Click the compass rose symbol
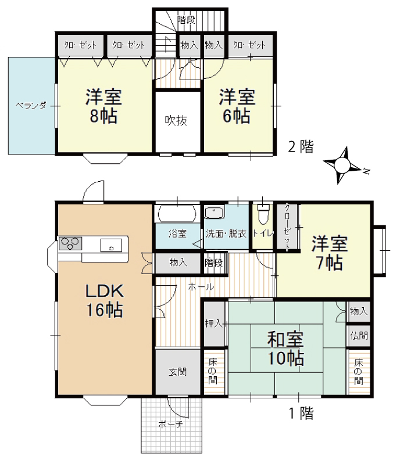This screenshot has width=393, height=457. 342,165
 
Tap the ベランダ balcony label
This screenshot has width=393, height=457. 31,106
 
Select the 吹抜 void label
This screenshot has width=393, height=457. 176,120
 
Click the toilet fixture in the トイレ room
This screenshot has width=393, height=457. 263,214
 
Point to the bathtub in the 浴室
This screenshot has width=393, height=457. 177,214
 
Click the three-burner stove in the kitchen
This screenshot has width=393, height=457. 70,243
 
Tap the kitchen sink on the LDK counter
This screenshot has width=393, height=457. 111,245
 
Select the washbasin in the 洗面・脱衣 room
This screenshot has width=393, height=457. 215,212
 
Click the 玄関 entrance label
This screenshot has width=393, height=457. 177,372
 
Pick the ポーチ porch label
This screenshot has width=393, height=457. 170,424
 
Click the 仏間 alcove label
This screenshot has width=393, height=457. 359,336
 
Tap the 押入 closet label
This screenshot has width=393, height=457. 214,323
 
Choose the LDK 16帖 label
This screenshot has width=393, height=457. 104,300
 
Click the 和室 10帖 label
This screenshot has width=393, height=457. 285,348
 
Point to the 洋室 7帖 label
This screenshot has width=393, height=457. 330,253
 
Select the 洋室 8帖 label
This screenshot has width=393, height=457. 103,106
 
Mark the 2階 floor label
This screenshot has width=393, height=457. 301,146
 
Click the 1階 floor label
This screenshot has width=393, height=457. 301,413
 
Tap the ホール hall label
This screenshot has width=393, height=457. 201,287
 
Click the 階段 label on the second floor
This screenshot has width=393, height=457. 186,20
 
